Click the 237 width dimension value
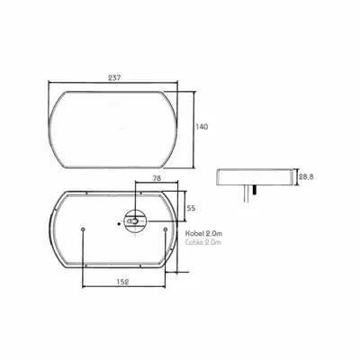(x=114, y=77)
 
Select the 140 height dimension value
(x=202, y=127)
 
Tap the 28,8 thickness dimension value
(x=306, y=177)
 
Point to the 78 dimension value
(x=157, y=178)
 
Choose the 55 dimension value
(x=191, y=208)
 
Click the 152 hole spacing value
(x=122, y=282)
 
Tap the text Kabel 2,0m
(x=203, y=234)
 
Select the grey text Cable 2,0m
(x=203, y=242)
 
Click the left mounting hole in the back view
(x=83, y=229)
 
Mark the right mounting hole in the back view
(x=165, y=229)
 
